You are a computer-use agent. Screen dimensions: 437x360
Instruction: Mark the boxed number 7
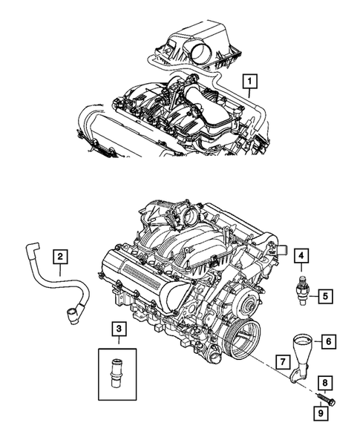pyautogui.click(x=283, y=361)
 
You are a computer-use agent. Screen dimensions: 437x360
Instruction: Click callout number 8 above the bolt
pyautogui.click(x=324, y=384)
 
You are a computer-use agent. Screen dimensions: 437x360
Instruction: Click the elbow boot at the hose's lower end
pyautogui.click(x=73, y=315)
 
